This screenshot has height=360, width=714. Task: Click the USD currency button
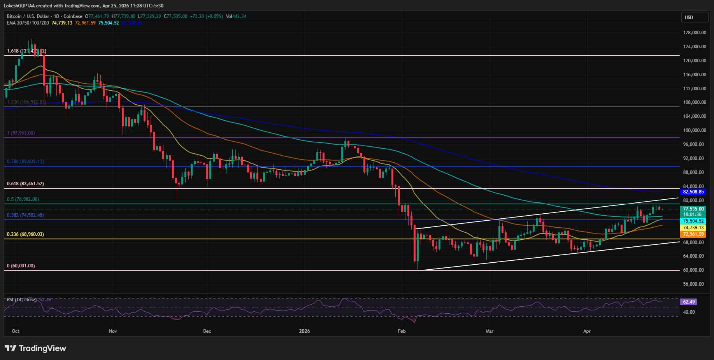pyautogui.click(x=695, y=17)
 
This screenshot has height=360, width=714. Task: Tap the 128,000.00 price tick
pyautogui.click(x=695, y=33)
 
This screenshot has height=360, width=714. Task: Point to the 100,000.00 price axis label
pyautogui.click(x=695, y=130)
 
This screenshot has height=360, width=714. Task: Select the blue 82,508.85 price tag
pyautogui.click(x=693, y=192)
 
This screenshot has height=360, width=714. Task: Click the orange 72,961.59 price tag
pyautogui.click(x=693, y=234)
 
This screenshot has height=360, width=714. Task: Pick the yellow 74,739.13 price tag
pyautogui.click(x=693, y=228)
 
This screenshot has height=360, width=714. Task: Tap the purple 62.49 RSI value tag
pyautogui.click(x=688, y=302)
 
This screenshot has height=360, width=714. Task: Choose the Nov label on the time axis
pyautogui.click(x=113, y=331)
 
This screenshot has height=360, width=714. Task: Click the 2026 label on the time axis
pyautogui.click(x=304, y=331)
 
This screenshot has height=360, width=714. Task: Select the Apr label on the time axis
pyautogui.click(x=587, y=331)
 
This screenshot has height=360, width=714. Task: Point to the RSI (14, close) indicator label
pyautogui.click(x=22, y=300)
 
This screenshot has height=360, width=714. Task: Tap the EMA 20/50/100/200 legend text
pyautogui.click(x=28, y=23)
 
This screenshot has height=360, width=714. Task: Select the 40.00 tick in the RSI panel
pyautogui.click(x=689, y=312)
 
